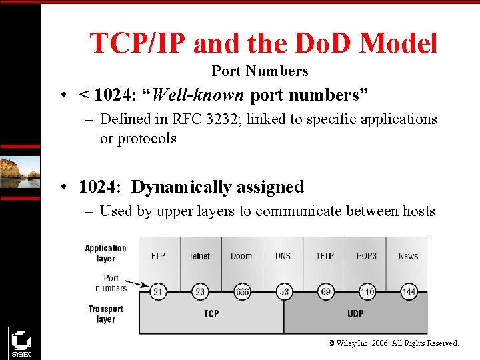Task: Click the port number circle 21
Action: pyautogui.click(x=158, y=292)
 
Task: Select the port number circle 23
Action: pyautogui.click(x=199, y=292)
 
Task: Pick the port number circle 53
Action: pyautogui.click(x=283, y=292)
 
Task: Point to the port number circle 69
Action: pyautogui.click(x=325, y=292)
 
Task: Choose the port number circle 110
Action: pyautogui.click(x=367, y=292)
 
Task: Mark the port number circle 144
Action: pyautogui.click(x=409, y=292)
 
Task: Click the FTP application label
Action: pyautogui.click(x=158, y=256)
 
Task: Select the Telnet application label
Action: pyautogui.click(x=199, y=256)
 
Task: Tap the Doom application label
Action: pyautogui.click(x=241, y=256)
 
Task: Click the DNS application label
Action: pyautogui.click(x=283, y=256)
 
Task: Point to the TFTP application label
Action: pyautogui.click(x=325, y=256)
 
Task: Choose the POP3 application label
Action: pyautogui.click(x=367, y=256)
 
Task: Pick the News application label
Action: pyautogui.click(x=409, y=256)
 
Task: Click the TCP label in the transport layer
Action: pyautogui.click(x=211, y=313)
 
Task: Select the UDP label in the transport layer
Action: pyautogui.click(x=355, y=313)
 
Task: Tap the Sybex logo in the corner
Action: pyautogui.click(x=20, y=343)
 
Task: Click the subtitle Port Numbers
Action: pyautogui.click(x=260, y=71)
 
